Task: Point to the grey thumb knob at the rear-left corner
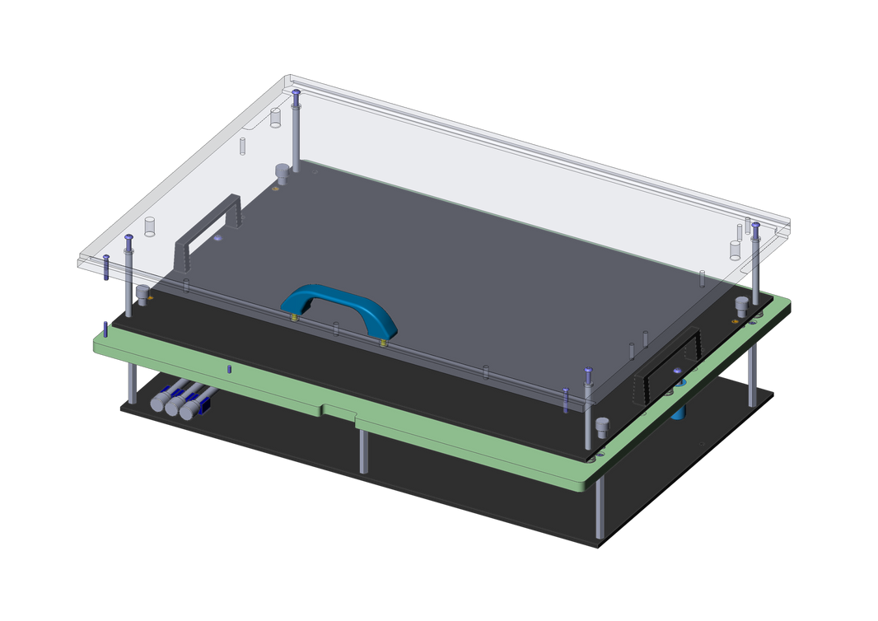(x=282, y=172)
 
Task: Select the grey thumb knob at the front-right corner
(x=602, y=427)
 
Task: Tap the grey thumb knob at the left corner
(x=142, y=293)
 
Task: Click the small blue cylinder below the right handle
(x=679, y=410)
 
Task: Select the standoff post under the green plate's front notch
(x=363, y=451)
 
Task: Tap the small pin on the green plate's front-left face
(x=230, y=368)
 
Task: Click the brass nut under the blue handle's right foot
(x=384, y=342)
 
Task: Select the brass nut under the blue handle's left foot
(x=295, y=318)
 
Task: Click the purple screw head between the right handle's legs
(x=677, y=371)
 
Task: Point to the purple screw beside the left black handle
(x=217, y=238)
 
